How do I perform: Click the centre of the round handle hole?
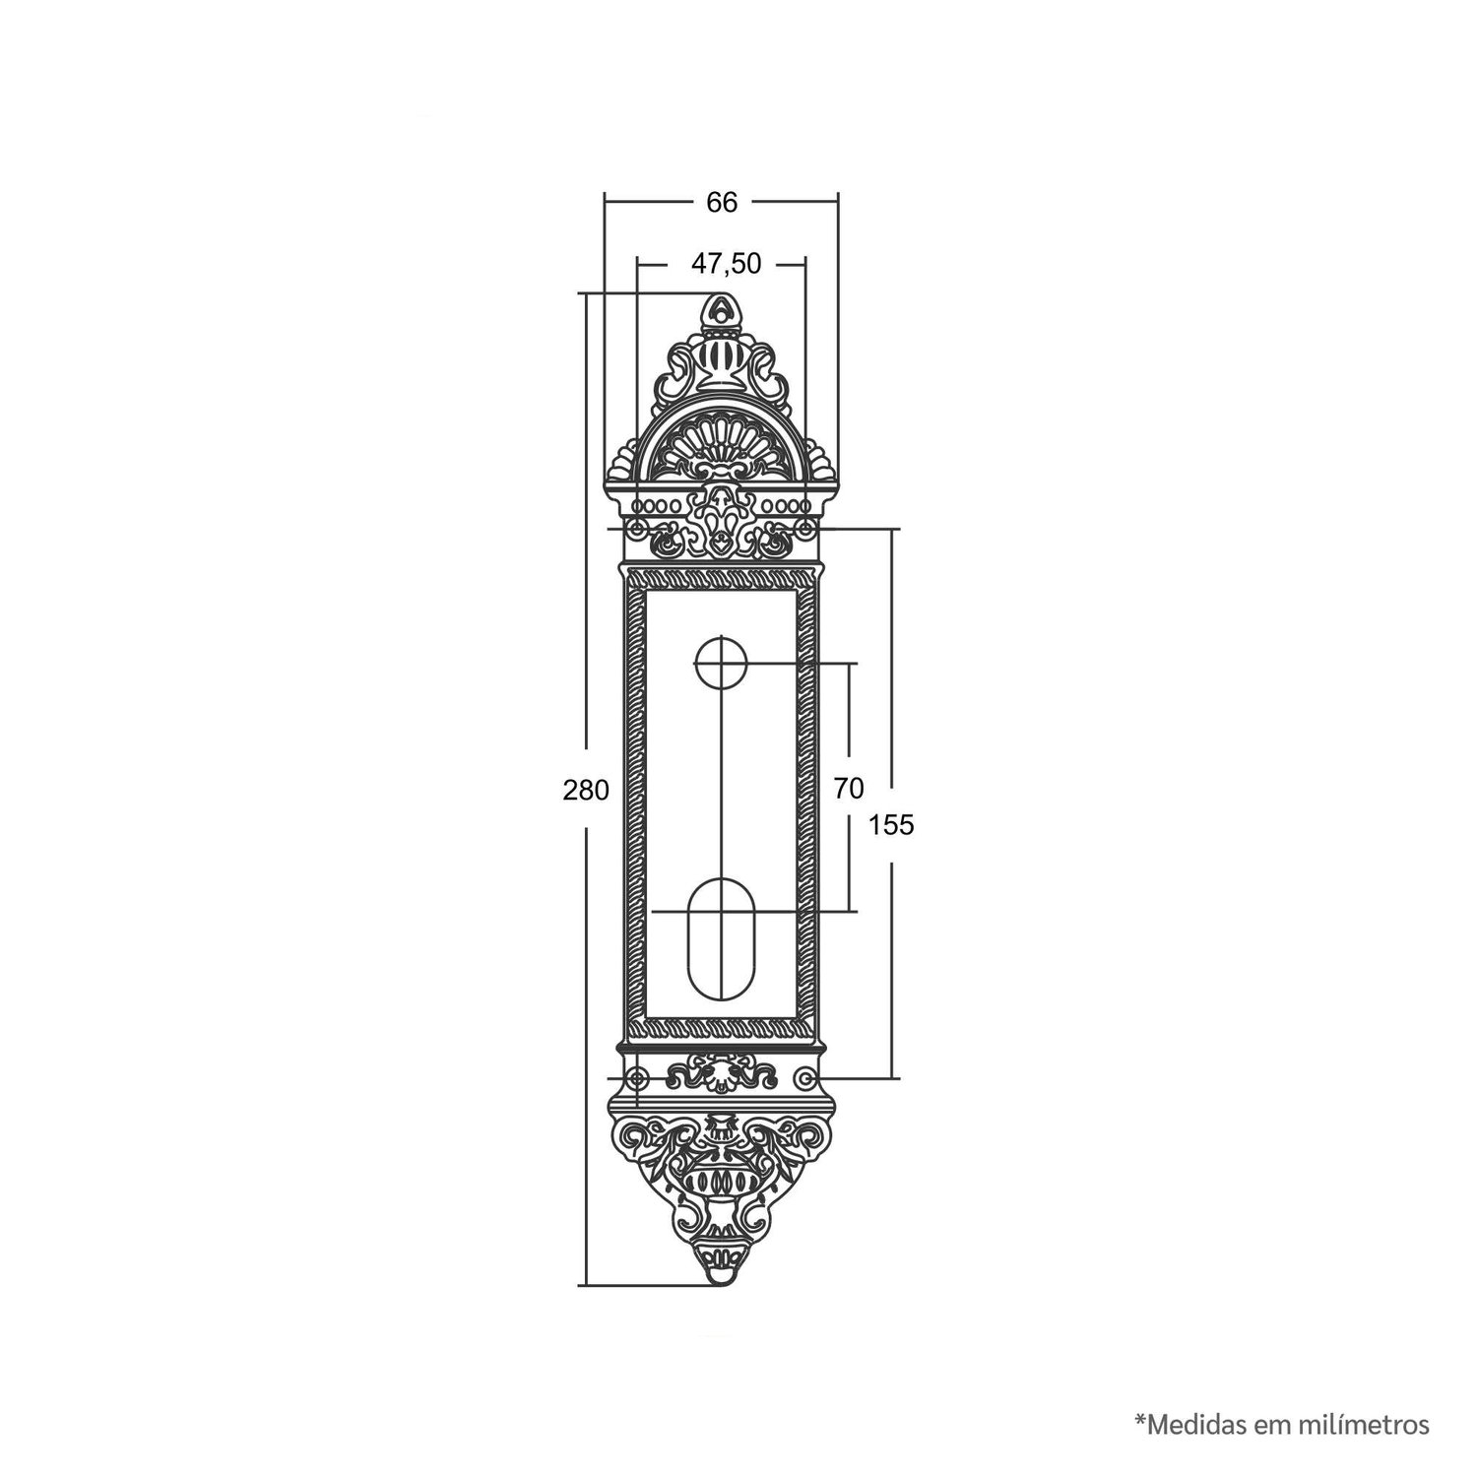click(721, 663)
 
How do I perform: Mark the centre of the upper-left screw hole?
click(637, 531)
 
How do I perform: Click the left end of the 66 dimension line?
click(604, 202)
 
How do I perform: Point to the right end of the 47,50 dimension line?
click(806, 263)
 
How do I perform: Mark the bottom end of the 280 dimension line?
click(586, 1284)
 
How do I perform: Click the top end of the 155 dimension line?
click(892, 530)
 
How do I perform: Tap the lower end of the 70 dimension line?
click(848, 911)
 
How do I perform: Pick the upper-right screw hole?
click(806, 531)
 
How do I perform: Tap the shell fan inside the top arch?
click(722, 450)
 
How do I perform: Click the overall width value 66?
click(721, 202)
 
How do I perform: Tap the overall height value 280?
click(586, 790)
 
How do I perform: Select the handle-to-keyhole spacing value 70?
click(848, 789)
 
